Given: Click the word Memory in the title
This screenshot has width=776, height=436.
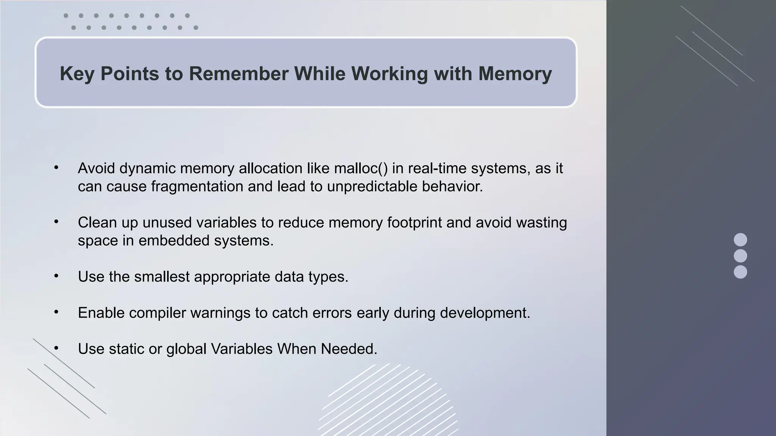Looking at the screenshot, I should (515, 73).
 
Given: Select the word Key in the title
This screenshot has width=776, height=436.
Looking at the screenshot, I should (77, 73).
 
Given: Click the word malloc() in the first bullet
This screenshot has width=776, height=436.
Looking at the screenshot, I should (361, 168).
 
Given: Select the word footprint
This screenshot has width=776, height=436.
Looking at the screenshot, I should (415, 223).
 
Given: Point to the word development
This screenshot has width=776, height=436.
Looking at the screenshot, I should (485, 313).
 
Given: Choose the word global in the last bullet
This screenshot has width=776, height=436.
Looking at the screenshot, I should (186, 349).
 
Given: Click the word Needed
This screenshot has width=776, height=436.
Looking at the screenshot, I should (349, 349).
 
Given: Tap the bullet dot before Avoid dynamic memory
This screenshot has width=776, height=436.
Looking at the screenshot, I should (56, 168).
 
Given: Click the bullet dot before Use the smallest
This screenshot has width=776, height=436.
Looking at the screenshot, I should (56, 276).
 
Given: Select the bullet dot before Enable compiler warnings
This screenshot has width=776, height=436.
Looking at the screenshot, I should (56, 312).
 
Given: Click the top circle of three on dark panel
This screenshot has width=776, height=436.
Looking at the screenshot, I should (740, 240).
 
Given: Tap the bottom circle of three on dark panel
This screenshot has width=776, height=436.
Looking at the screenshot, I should (740, 272).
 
